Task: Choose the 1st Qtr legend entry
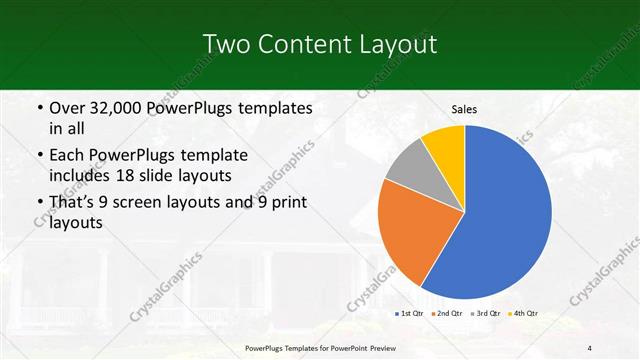pyautogui.click(x=408, y=314)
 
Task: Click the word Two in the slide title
pyautogui.click(x=223, y=44)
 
